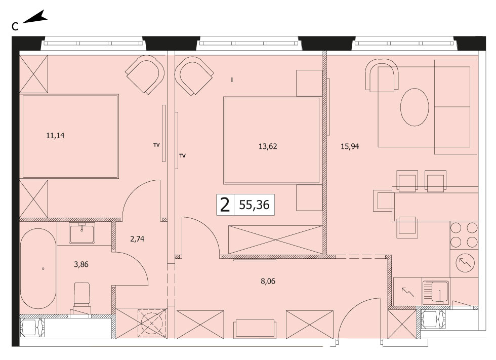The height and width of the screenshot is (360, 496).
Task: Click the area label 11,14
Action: [55, 136]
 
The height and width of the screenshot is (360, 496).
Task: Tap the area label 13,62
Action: [268, 146]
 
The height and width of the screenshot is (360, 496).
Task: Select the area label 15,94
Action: [350, 146]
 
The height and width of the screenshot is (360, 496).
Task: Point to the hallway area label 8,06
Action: [268, 281]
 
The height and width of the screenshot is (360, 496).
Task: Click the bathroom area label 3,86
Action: [81, 264]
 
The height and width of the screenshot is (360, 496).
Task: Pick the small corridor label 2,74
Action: [137, 239]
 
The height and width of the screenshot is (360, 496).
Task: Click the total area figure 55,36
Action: [254, 205]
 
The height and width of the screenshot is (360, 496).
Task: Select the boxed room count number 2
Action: [225, 205]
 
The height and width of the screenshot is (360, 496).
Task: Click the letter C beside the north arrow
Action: [15, 27]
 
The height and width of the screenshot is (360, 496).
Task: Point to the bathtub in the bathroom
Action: [38, 268]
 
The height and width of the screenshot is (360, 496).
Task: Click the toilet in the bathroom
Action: [82, 299]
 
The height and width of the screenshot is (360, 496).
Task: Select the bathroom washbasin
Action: [82, 233]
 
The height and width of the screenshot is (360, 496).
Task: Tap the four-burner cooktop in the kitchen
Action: [464, 235]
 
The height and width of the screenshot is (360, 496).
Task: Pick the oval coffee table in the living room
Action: [415, 107]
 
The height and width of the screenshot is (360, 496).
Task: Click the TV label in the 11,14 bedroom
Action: [156, 145]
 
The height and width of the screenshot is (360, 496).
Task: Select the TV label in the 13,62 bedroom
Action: [182, 155]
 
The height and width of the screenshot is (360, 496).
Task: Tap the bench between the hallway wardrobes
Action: [254, 329]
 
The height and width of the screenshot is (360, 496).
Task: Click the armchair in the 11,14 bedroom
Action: [145, 74]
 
